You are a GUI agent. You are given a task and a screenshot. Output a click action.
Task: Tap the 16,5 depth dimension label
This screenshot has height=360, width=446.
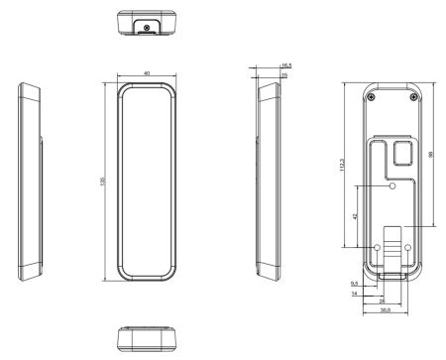285,64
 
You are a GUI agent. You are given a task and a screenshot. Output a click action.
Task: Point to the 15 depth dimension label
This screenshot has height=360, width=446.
285,74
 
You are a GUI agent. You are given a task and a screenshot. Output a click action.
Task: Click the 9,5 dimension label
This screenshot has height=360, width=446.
355,285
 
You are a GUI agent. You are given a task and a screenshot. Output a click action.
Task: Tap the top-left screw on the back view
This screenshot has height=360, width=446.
371,96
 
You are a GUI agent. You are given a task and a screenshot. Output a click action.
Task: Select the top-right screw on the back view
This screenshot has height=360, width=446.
415,96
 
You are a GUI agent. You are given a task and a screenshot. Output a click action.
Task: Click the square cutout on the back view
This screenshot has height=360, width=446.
403,153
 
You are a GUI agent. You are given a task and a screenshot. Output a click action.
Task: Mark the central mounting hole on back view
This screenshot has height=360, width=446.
392,185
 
